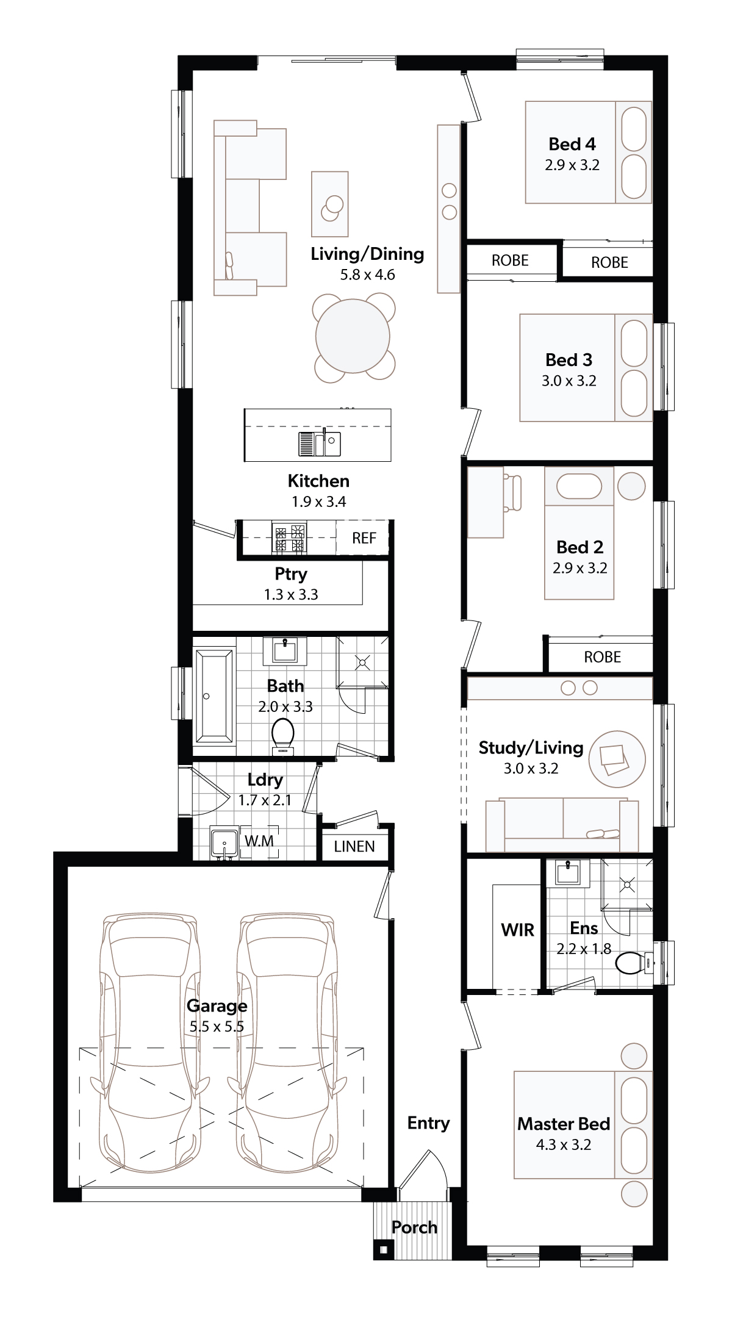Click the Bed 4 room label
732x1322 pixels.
coord(572,144)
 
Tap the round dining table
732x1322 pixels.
coord(353,336)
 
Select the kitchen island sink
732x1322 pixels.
coord(320,444)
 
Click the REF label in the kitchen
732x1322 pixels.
coord(364,538)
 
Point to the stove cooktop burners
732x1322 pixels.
coord(289,539)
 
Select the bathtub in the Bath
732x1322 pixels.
coord(213,696)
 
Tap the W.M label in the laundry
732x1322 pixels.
coord(259,841)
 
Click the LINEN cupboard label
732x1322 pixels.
coord(354,847)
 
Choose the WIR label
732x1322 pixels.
coord(517,930)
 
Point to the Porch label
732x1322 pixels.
coord(414,1227)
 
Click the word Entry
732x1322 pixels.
coord(428,1123)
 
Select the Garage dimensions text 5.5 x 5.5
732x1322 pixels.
coord(217,1026)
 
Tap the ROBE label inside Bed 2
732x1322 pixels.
coord(602,657)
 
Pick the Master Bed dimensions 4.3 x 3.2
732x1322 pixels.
coord(564,1144)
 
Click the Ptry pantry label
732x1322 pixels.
coord(291,575)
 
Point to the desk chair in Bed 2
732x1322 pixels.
coord(512,493)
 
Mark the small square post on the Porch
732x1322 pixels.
coord(383,1250)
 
